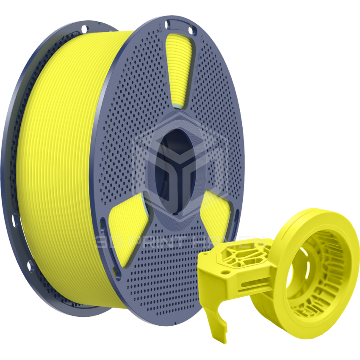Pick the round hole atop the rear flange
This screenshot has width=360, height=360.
(x=84, y=29)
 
